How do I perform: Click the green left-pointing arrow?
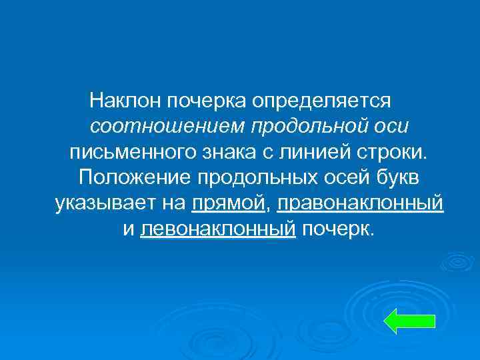[x=410, y=321]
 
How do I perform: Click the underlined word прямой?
[x=228, y=203]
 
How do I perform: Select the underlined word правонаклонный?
[x=360, y=203]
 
